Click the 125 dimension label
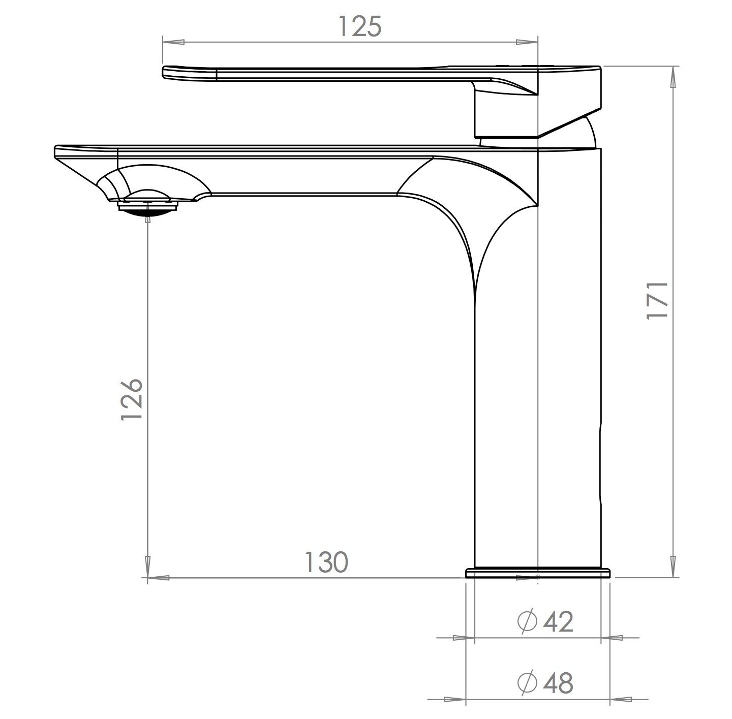pos(360,26)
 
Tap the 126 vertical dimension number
pos(131,399)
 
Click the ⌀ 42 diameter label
pos(545,621)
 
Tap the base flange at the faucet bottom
pos(538,573)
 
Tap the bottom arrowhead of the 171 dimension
pos(674,568)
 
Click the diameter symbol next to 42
pos(527,621)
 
